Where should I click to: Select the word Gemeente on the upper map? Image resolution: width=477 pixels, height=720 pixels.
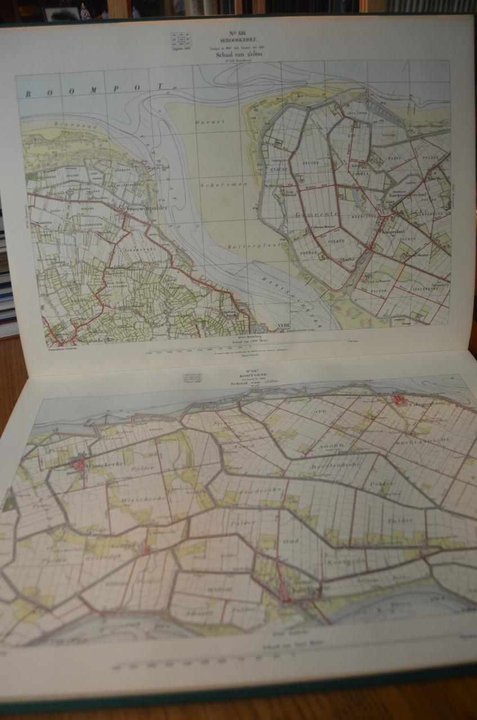(x=307, y=214)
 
